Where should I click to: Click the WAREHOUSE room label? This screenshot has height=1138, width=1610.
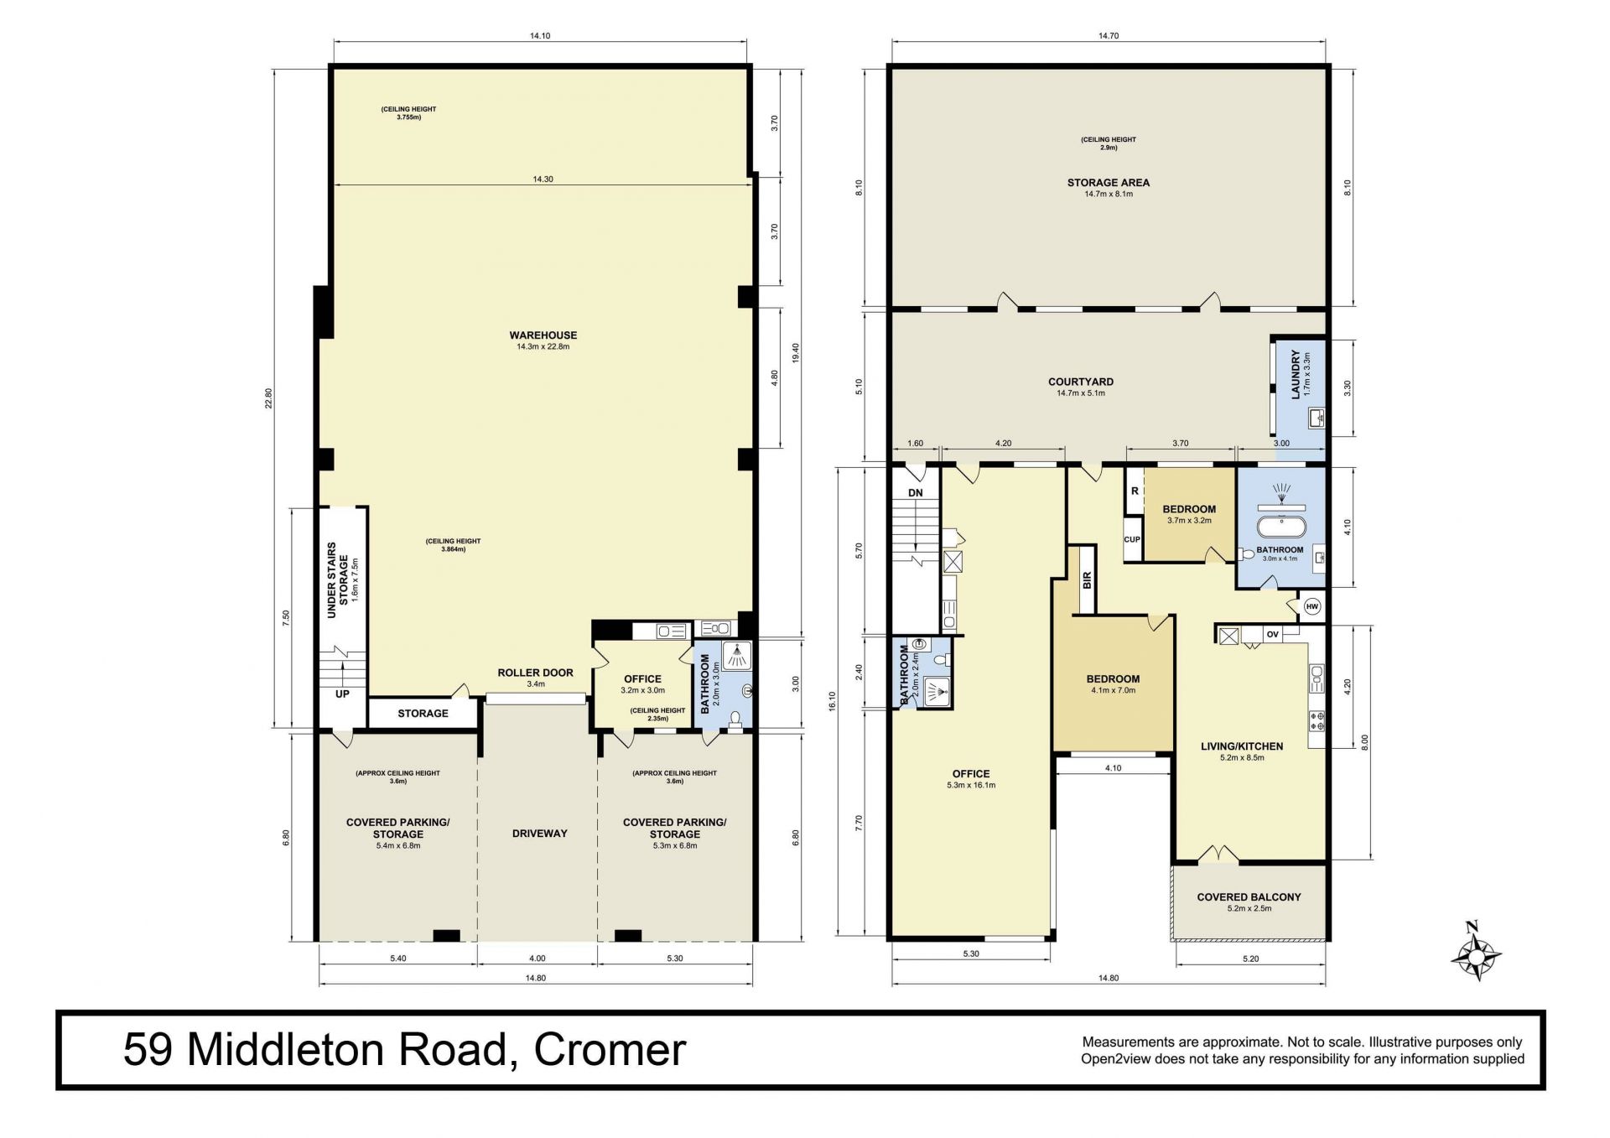[543, 335]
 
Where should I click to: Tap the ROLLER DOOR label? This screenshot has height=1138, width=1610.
[535, 673]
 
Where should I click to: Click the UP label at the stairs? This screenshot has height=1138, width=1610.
[342, 694]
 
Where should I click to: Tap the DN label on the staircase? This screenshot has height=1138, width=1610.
[915, 492]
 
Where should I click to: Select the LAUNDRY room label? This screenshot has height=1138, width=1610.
[1296, 375]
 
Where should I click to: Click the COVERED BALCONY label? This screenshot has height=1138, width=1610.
[1249, 896]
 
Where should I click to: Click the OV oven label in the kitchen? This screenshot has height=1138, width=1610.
[1272, 634]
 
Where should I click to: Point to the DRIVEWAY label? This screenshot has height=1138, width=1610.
[540, 834]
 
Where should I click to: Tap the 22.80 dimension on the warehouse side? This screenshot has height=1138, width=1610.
[269, 398]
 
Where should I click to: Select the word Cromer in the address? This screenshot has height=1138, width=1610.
[610, 1049]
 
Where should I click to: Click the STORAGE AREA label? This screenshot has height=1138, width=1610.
[1108, 182]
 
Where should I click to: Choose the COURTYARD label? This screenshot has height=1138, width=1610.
[1081, 382]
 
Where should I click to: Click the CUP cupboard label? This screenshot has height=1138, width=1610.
[1132, 539]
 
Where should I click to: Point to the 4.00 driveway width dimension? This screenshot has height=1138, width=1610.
[538, 958]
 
